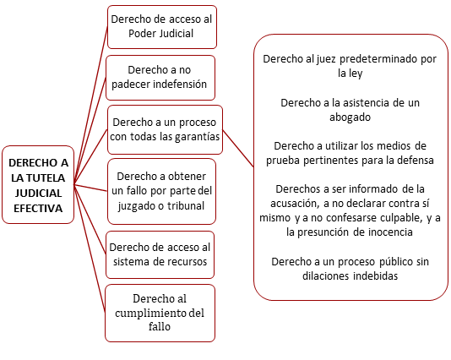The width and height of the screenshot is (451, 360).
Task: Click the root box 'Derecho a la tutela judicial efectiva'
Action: pos(38,185)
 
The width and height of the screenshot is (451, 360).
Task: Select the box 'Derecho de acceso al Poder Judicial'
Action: pos(162,27)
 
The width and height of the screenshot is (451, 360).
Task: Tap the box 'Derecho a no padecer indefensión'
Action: pos(160,78)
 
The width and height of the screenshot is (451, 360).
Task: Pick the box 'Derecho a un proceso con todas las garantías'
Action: pos(165,130)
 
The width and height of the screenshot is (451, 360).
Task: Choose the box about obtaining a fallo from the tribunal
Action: pos(161,191)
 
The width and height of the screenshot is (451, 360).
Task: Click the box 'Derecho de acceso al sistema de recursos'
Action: pos(160,254)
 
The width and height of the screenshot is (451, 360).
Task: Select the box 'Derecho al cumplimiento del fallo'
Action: pos(160,313)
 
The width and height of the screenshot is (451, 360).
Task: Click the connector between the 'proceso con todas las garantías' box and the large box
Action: pos(238,149)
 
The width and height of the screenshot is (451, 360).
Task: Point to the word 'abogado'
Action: pos(350,117)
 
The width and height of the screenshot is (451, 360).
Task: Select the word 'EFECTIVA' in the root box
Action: pos(38,208)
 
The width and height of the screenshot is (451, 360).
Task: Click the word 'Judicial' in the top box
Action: pos(177,34)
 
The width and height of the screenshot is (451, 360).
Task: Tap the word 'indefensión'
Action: pos(180,85)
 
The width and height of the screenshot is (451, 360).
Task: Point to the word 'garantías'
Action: pos(198,137)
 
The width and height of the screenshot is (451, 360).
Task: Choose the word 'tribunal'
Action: pos(186,205)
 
